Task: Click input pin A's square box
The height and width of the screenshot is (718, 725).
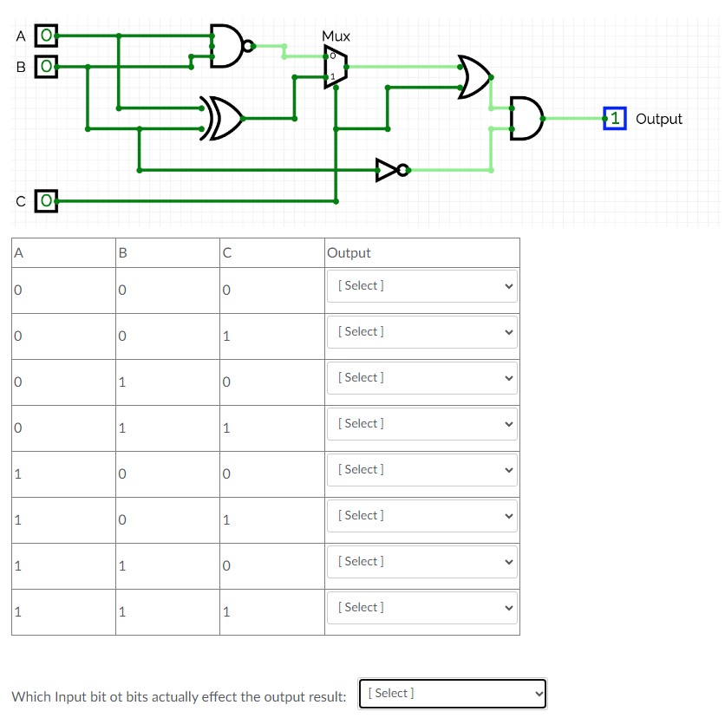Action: [47, 36]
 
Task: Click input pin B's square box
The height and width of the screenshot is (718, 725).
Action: [47, 65]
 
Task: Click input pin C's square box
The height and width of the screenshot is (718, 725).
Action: [47, 201]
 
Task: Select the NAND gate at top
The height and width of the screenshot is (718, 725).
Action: [228, 45]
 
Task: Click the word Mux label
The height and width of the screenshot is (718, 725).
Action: [336, 36]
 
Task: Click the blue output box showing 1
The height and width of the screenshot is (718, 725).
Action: [615, 119]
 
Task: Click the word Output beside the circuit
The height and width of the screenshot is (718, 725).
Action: [659, 119]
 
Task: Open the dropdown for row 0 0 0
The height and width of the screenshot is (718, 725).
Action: [421, 286]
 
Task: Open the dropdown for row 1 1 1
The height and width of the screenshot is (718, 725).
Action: [421, 608]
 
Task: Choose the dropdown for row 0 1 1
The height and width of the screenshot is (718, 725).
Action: [421, 424]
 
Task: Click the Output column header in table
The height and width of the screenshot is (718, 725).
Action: [349, 253]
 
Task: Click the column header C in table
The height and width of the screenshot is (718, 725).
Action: [225, 253]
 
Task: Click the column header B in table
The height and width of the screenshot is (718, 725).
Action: [122, 253]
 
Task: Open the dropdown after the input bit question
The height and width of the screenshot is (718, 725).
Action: [452, 694]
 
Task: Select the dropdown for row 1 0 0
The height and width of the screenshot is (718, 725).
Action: [421, 470]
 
